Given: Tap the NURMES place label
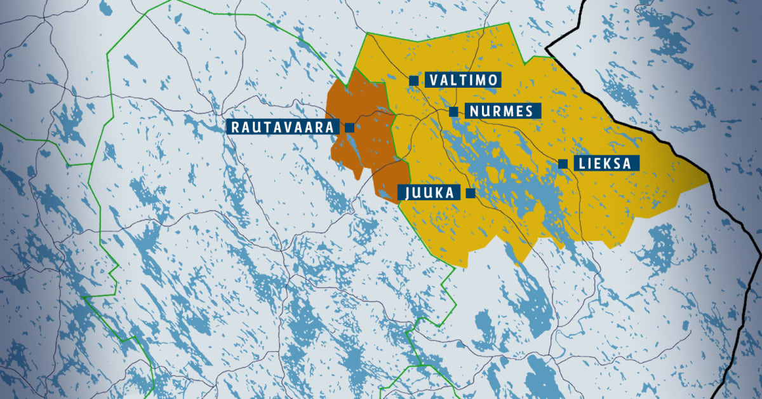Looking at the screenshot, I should (x=502, y=111).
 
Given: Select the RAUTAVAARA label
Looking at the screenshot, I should (x=283, y=127).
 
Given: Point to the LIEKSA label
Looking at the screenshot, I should (x=605, y=163).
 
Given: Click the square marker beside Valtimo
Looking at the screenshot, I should (x=413, y=80).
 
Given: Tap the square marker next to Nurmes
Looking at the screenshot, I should (x=453, y=112).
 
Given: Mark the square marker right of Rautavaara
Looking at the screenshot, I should (x=349, y=127).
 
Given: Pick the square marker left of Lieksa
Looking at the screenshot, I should (x=563, y=164).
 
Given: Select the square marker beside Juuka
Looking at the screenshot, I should (x=471, y=193).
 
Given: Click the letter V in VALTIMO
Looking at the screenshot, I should (x=434, y=80).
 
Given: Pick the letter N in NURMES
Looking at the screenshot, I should (x=474, y=111).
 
